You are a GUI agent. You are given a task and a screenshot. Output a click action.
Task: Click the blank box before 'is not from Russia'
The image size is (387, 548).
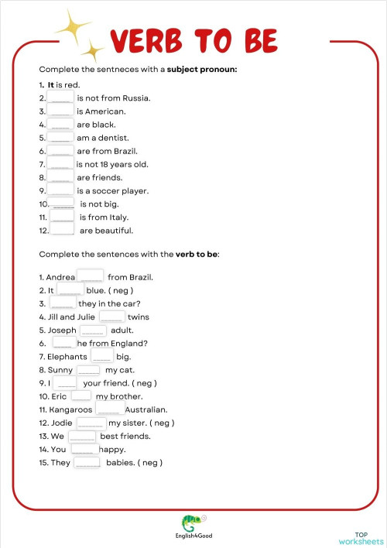[x=61, y=98]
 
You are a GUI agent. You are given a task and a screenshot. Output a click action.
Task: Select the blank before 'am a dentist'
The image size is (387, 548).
[x=61, y=138]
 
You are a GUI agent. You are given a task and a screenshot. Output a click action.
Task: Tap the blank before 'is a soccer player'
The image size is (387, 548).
[x=61, y=190]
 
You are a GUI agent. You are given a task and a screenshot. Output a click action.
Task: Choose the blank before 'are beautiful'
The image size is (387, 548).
[x=62, y=230]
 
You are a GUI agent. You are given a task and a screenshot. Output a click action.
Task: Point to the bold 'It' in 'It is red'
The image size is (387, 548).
[x=51, y=85]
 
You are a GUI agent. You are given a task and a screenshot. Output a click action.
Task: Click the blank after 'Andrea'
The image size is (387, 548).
[x=91, y=276]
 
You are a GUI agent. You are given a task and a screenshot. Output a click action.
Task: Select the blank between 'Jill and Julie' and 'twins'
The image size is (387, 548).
[x=111, y=317]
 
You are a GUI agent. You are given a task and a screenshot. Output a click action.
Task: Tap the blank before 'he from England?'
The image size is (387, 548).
[x=63, y=343]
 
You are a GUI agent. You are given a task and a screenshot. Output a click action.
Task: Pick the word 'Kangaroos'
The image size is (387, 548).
[x=70, y=409]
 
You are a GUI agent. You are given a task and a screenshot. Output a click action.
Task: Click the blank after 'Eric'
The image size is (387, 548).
[x=81, y=396]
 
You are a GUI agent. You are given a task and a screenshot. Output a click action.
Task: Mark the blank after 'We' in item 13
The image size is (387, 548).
[x=82, y=436]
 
